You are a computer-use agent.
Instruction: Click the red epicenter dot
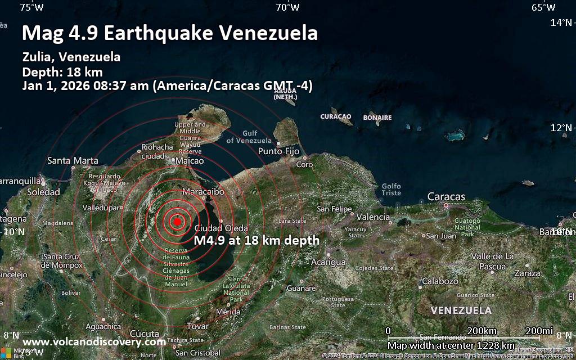click(x=177, y=222)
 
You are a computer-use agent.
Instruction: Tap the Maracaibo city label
click(x=204, y=192)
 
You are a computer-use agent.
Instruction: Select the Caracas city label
click(x=446, y=196)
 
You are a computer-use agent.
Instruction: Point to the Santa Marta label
click(x=73, y=160)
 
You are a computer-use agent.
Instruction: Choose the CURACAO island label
click(x=336, y=116)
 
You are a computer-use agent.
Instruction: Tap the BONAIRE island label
click(x=377, y=117)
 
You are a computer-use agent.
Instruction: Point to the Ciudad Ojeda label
click(x=221, y=228)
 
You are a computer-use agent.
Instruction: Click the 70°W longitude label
click(x=287, y=7)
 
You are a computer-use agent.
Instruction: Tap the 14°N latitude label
click(x=560, y=22)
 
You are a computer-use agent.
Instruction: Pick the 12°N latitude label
click(x=560, y=127)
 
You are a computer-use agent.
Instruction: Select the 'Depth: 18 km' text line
click(x=62, y=71)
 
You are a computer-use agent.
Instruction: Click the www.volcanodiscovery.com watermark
click(x=94, y=341)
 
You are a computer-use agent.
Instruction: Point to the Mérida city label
click(x=228, y=311)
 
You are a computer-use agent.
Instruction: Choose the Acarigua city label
click(x=328, y=262)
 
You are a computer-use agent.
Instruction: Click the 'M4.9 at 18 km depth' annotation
click(x=256, y=240)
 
